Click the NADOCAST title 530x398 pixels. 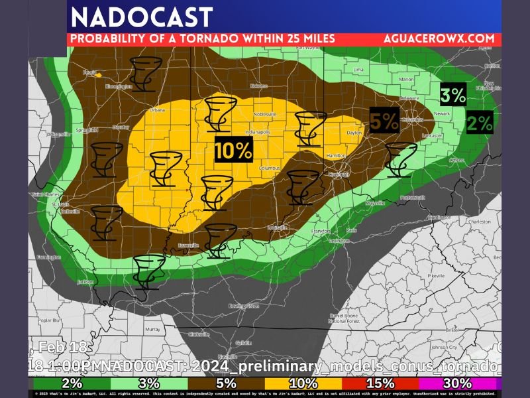(x=142, y=17)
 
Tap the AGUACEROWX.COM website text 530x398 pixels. (x=439, y=38)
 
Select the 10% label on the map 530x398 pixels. (x=233, y=151)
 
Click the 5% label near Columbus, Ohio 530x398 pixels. (x=384, y=121)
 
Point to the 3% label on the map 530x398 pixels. (x=454, y=96)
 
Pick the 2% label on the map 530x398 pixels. (x=480, y=123)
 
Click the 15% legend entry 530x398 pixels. (x=380, y=383)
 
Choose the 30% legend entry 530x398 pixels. (x=457, y=383)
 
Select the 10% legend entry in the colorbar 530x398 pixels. (x=302, y=383)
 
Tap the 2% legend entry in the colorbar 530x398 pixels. (x=72, y=383)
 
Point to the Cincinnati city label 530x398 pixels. (x=338, y=174)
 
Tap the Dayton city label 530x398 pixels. (x=354, y=133)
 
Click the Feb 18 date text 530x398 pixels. (x=52, y=347)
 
